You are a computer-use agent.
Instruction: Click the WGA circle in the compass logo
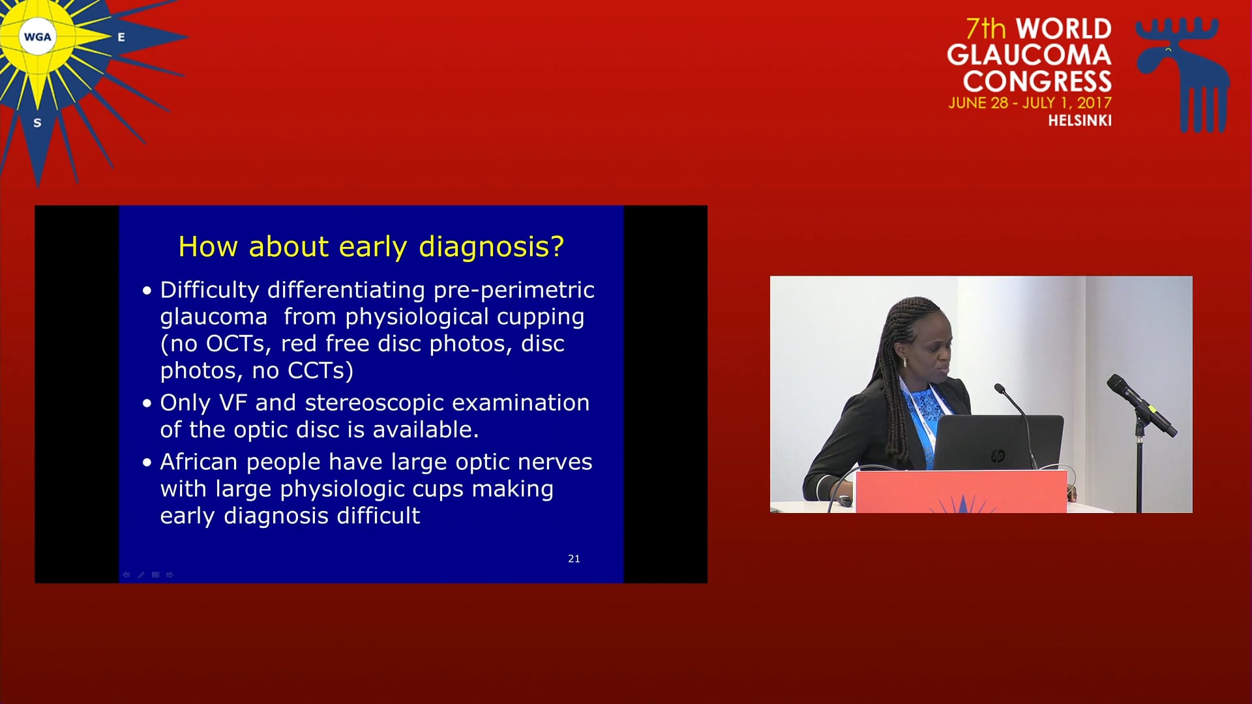click(x=37, y=37)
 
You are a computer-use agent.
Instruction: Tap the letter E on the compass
click(x=121, y=38)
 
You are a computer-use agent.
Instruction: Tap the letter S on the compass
click(x=37, y=123)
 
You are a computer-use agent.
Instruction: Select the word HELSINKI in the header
click(x=1080, y=121)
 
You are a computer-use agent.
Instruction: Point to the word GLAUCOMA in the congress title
click(x=1029, y=55)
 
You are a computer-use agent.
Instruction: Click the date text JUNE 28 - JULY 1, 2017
click(x=1030, y=103)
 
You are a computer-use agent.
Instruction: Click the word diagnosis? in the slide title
click(x=491, y=248)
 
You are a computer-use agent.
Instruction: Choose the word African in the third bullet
click(x=199, y=462)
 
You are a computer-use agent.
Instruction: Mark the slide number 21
click(x=574, y=559)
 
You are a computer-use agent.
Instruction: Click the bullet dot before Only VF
click(x=147, y=403)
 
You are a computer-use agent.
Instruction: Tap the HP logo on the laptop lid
click(x=998, y=456)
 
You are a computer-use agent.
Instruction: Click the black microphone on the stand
click(x=1141, y=404)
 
